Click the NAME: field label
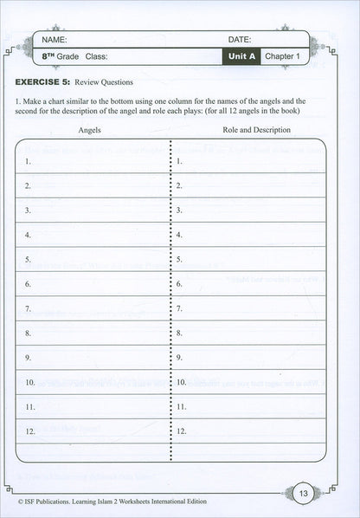(x=54, y=40)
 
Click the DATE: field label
(x=240, y=40)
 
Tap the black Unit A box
(x=240, y=57)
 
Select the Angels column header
(x=90, y=130)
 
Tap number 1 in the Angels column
(x=29, y=161)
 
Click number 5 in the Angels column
(x=29, y=259)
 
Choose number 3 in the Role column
(x=178, y=210)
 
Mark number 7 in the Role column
(x=178, y=308)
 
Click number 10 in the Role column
(x=180, y=381)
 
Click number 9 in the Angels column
(x=29, y=357)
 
